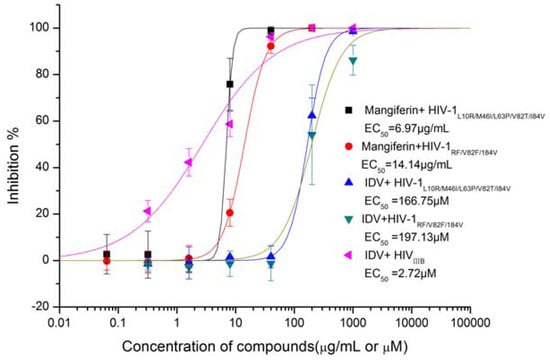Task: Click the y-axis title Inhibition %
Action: tap(13, 158)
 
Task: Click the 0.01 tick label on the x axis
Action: tap(61, 324)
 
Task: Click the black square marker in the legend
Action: tap(349, 107)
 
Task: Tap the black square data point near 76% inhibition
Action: tap(230, 84)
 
